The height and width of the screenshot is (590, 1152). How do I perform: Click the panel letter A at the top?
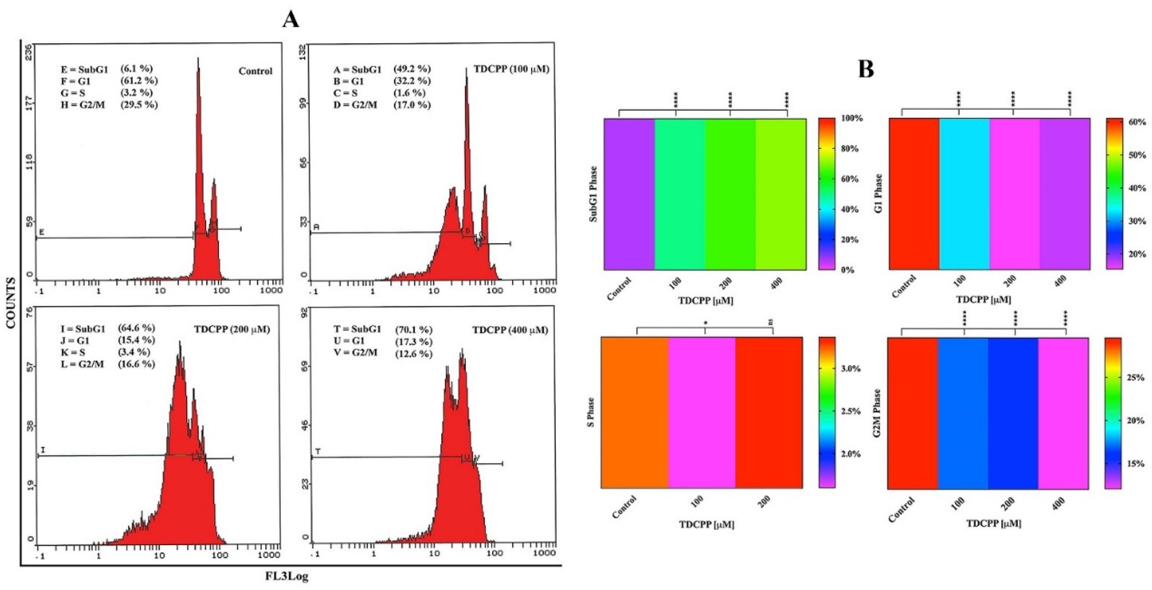[291, 20]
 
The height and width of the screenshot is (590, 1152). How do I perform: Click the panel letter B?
[866, 69]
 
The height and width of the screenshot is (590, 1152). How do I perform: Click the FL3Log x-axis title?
[287, 576]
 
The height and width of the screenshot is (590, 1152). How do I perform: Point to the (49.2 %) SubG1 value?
[412, 69]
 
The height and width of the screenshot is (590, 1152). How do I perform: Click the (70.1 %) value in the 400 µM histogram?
[414, 330]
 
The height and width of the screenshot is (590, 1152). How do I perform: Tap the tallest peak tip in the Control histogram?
[198, 59]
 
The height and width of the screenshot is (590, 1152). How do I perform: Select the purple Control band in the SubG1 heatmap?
[629, 194]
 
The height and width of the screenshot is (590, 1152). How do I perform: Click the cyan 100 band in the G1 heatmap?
[964, 194]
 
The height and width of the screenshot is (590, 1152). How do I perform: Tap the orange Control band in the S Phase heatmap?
[635, 412]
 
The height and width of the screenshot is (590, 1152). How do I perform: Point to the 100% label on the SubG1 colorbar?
[852, 118]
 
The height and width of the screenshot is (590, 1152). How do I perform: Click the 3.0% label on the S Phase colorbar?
[851, 369]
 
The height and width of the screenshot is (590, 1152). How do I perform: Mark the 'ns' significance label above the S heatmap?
[771, 321]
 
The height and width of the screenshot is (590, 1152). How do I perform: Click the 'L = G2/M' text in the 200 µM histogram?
[82, 364]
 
